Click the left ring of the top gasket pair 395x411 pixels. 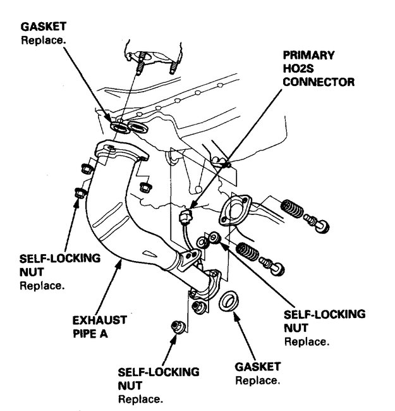119,128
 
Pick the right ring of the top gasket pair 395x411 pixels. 138,129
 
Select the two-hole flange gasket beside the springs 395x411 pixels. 234,212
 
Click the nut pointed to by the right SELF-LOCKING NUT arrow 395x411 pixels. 215,237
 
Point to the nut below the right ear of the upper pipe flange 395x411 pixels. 143,187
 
